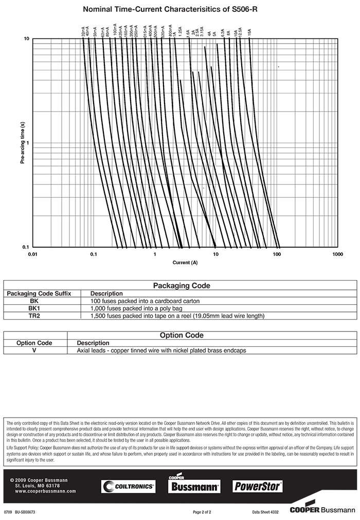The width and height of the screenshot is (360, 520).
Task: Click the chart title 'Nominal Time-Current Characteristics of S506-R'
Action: (x=179, y=9)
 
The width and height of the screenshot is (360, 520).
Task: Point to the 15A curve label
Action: (x=249, y=32)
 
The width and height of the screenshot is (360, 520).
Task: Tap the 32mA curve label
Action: (x=83, y=32)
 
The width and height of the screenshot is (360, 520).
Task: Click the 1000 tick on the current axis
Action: (x=338, y=254)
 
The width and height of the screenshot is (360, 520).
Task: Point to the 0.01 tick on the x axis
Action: (x=32, y=254)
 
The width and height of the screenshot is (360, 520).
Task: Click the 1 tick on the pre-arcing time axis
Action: (x=27, y=143)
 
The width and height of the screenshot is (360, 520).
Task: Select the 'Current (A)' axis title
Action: (x=185, y=263)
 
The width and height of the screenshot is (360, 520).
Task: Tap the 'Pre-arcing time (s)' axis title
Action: (x=22, y=143)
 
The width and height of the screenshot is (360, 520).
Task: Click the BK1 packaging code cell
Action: (x=33, y=308)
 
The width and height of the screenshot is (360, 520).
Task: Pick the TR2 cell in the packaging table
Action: (x=33, y=315)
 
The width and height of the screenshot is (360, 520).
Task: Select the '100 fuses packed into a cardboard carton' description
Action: (x=145, y=301)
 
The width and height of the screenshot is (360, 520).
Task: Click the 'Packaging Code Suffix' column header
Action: (x=39, y=293)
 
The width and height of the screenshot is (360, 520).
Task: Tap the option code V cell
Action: (x=34, y=350)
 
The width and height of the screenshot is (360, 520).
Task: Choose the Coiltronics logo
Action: (x=128, y=486)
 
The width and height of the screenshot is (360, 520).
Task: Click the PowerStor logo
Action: (x=258, y=486)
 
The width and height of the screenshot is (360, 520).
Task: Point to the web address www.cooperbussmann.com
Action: (x=45, y=491)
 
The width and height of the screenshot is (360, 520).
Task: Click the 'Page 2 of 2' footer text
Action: (x=202, y=512)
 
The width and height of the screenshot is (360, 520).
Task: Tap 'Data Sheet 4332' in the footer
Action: (x=265, y=512)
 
